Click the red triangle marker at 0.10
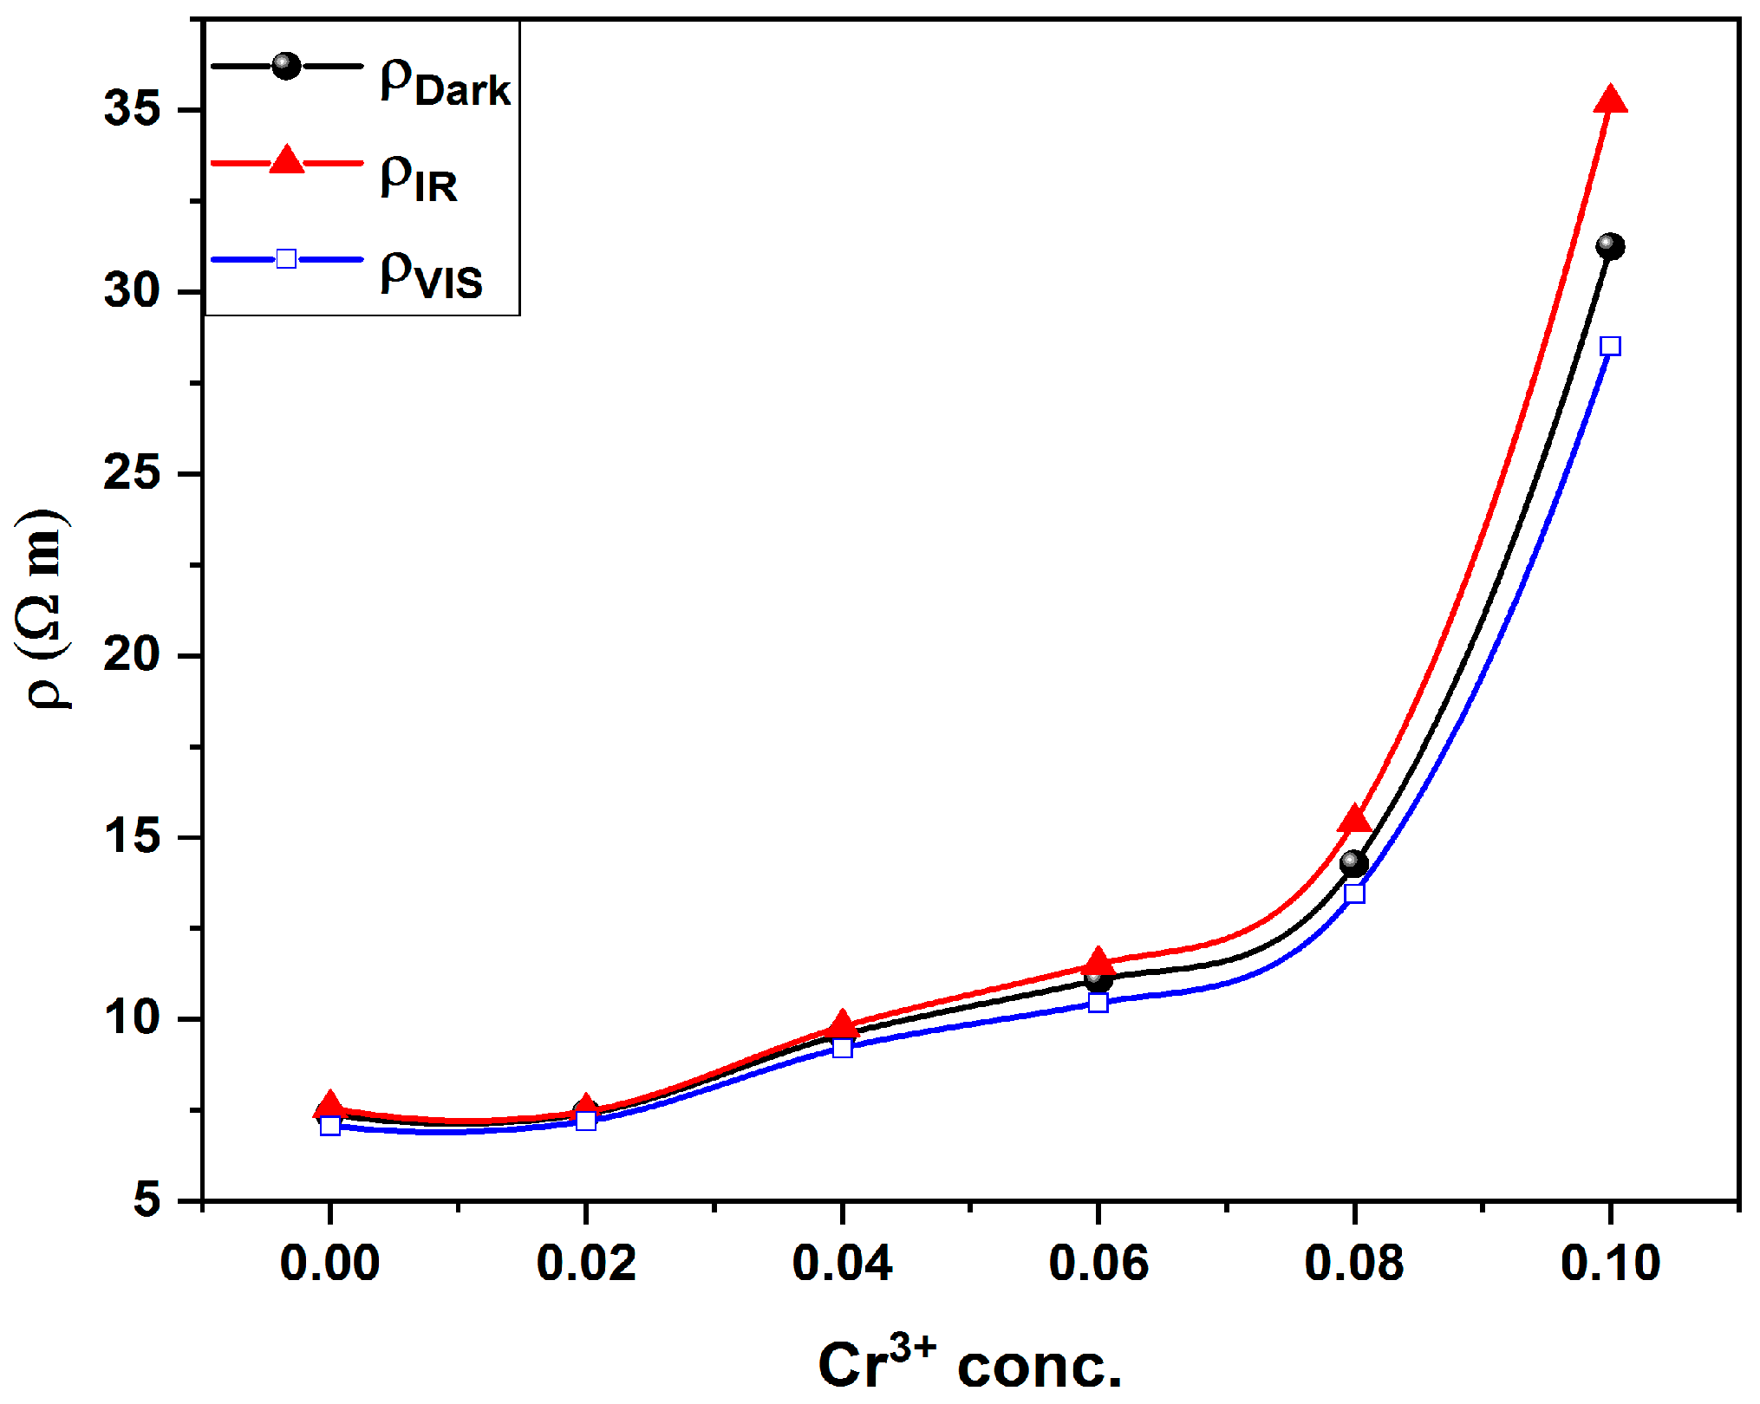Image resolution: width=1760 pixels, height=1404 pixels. point(1610,101)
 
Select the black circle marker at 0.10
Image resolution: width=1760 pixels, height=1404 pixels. point(1610,247)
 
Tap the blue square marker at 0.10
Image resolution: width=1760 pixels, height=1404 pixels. point(1610,347)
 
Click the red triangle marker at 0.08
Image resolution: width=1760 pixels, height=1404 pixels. point(1354,820)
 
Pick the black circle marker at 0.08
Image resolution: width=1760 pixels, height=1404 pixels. point(1354,863)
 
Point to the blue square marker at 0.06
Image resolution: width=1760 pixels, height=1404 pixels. point(1098,1003)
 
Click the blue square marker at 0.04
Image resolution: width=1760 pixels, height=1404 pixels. point(842,1048)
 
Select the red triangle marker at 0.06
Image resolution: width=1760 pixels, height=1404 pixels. point(1098,961)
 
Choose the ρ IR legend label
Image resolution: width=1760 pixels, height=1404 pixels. point(419,178)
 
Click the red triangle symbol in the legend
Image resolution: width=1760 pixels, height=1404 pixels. point(286,161)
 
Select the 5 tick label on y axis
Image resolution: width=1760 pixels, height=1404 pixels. point(147,1200)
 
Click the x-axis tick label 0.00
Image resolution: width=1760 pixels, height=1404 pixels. point(329,1263)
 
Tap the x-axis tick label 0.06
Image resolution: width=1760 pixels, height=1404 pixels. point(1098,1263)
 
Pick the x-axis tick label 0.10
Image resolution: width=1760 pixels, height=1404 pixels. point(1610,1263)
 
